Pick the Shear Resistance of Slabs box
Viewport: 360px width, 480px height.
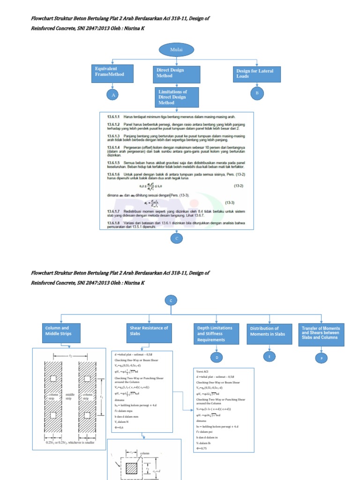(149, 330)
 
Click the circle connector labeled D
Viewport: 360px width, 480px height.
(217, 358)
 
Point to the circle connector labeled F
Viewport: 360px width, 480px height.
(322, 358)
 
